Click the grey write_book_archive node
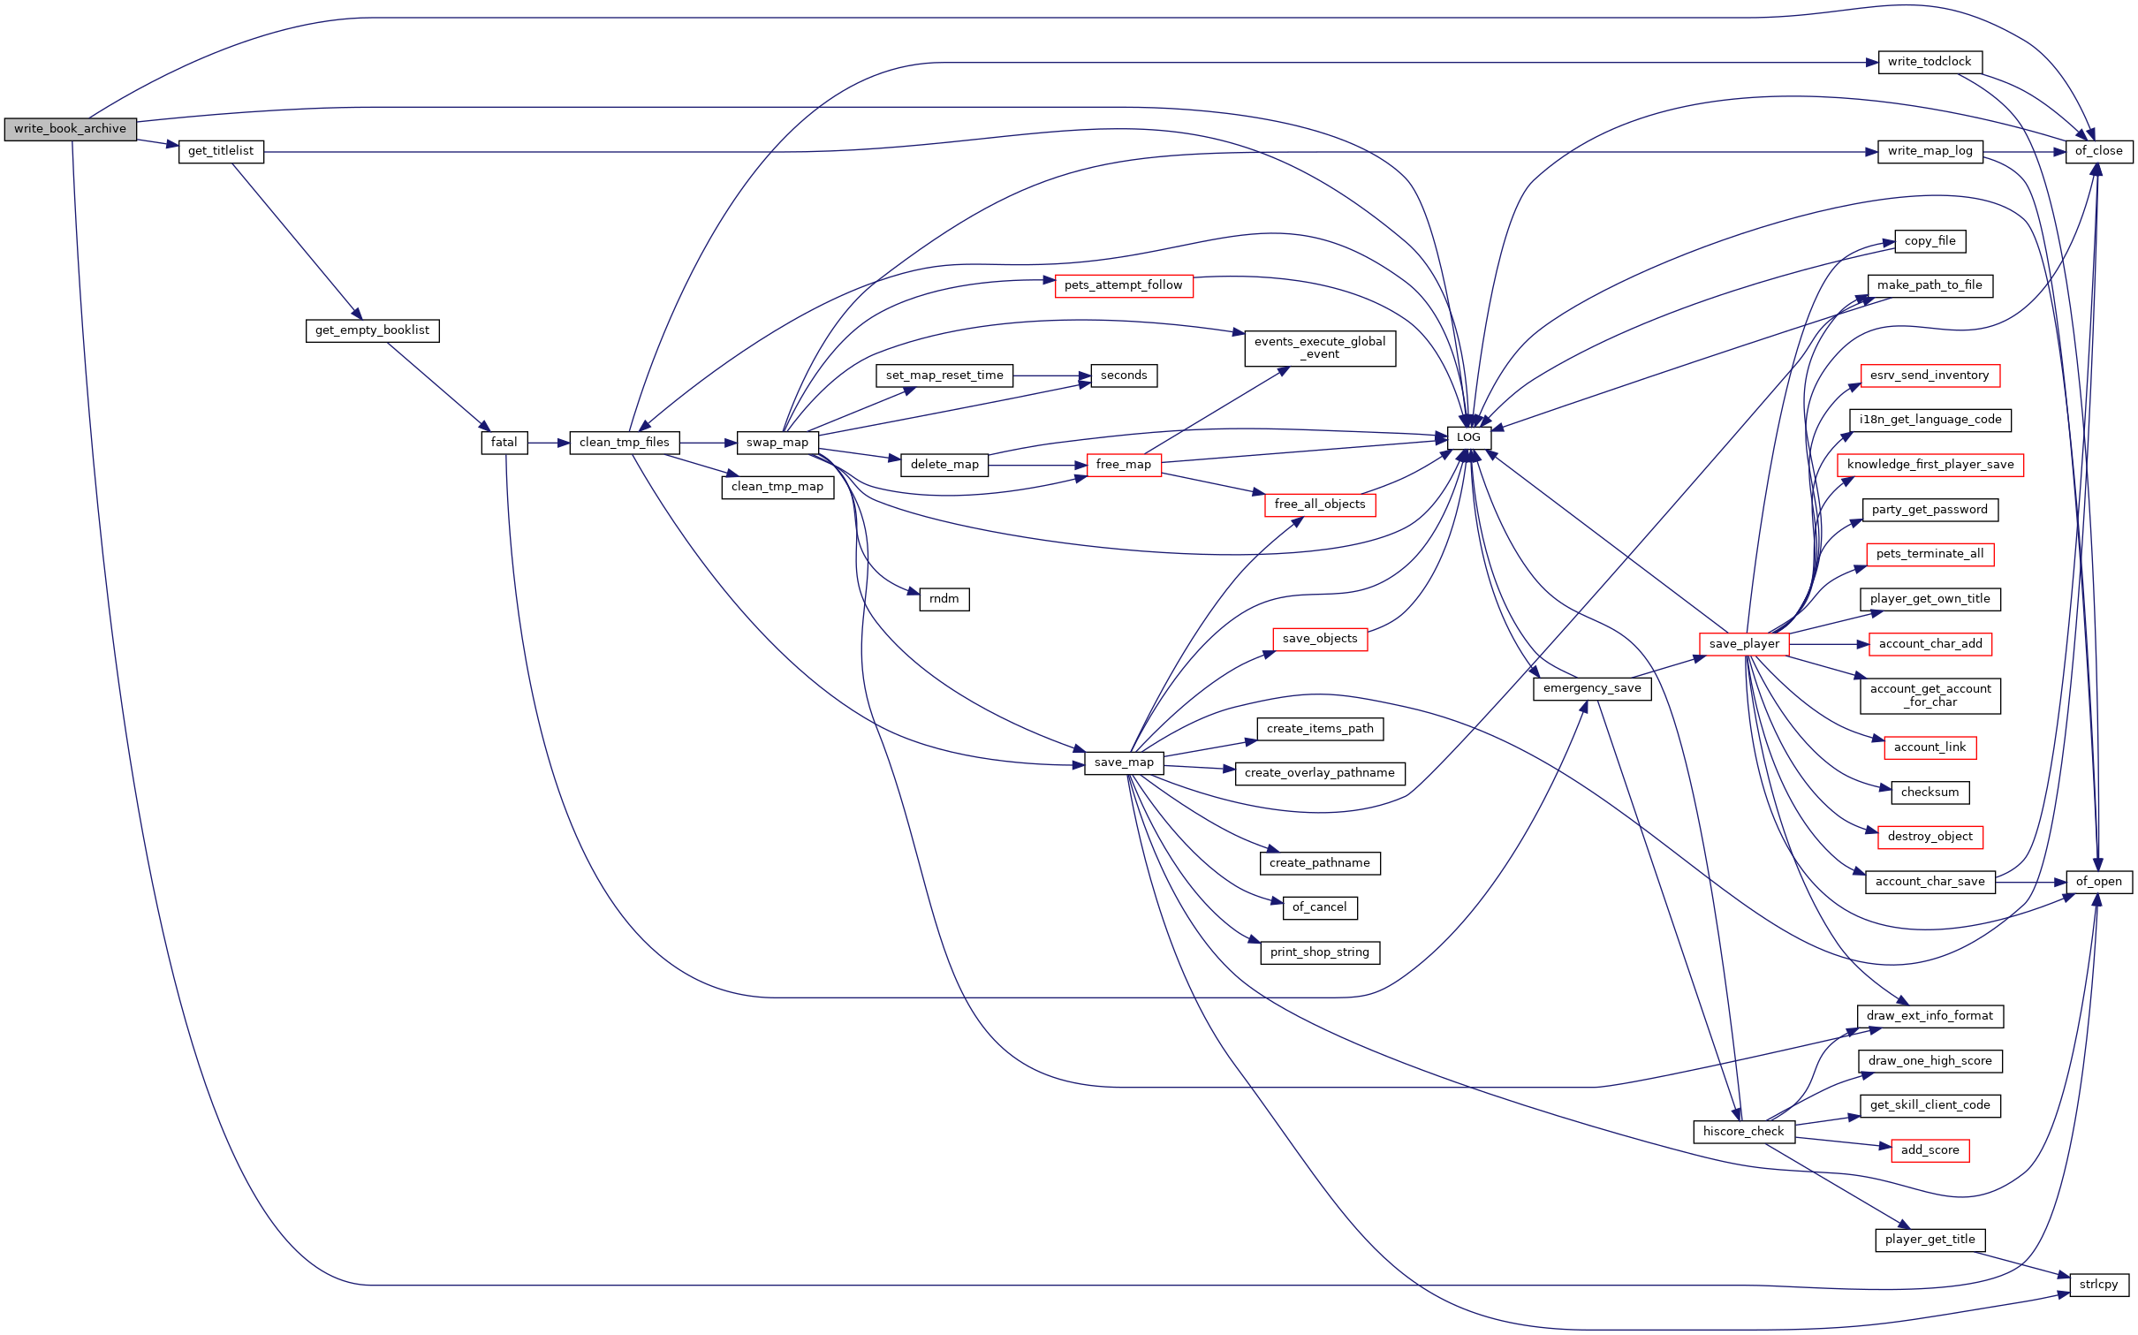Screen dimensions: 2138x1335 click(x=71, y=129)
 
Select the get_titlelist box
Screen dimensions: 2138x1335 click(x=221, y=151)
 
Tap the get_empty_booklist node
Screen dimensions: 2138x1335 click(x=372, y=330)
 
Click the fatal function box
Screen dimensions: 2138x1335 click(x=504, y=443)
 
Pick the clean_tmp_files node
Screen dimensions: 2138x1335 click(x=625, y=443)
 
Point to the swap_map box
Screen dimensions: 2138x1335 click(x=777, y=443)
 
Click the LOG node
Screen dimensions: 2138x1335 click(x=1468, y=437)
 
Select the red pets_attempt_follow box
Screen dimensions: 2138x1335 click(x=1124, y=285)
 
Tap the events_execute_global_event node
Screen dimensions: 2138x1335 click(x=1320, y=348)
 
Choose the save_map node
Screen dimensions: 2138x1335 click(x=1124, y=762)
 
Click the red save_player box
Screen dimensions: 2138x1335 click(x=1744, y=644)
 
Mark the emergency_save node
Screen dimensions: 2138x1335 click(x=1592, y=689)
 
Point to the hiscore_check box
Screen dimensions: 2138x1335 click(x=1744, y=1132)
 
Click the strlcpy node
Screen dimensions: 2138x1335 click(x=2099, y=1285)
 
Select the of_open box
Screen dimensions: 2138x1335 click(x=2099, y=882)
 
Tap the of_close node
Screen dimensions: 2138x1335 click(x=2099, y=151)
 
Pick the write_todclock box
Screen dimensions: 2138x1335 click(x=1930, y=62)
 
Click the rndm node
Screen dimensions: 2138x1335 click(x=944, y=599)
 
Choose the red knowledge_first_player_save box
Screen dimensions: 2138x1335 click(x=1930, y=465)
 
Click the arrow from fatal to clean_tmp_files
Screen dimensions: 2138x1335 click(x=549, y=443)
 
